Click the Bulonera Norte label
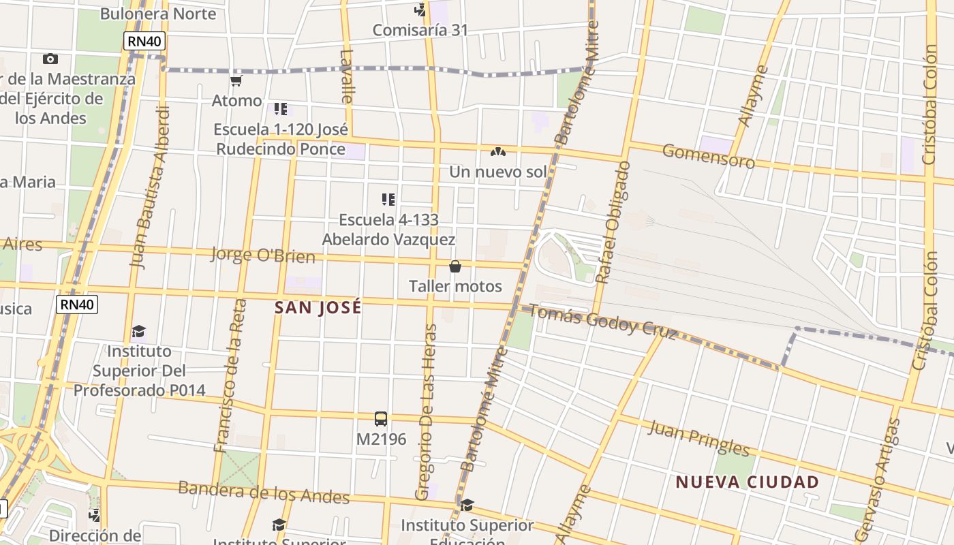point(158,14)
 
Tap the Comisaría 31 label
point(420,30)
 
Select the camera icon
point(50,59)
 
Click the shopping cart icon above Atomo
point(236,81)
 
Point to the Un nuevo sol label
point(497,172)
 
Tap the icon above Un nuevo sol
point(498,151)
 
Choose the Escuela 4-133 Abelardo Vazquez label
point(388,230)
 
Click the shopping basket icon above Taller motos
point(455,266)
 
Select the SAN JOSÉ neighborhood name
point(318,308)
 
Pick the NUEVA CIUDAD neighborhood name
point(747,482)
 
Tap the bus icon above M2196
point(381,419)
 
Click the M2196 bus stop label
point(381,439)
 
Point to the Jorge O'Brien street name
point(262,255)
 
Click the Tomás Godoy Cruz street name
point(602,322)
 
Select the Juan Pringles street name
point(698,438)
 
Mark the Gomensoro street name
point(708,157)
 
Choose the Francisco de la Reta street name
point(229,375)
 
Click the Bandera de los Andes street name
point(264,492)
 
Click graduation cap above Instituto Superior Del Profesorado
point(139,332)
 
